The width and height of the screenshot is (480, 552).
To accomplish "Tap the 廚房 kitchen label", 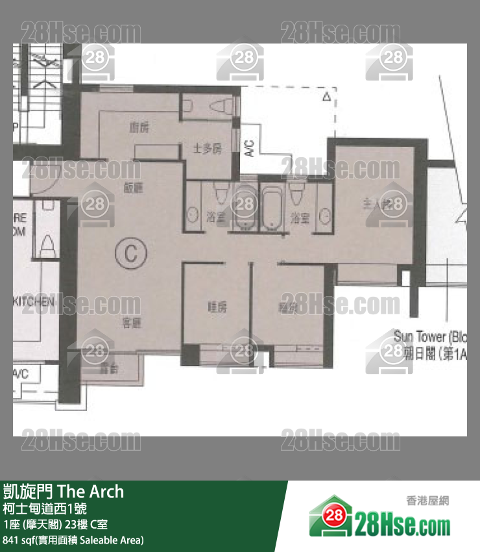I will click(x=139, y=128).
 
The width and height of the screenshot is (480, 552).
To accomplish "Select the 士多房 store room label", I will click(x=208, y=149).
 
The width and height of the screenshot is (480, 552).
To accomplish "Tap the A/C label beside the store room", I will click(x=250, y=149).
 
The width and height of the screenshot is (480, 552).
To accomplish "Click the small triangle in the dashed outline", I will click(x=326, y=97).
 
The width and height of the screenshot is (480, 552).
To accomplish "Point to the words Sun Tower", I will click(x=420, y=337).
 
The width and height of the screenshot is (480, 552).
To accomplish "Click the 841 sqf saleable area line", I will click(x=73, y=540).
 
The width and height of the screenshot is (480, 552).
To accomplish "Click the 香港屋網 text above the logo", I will click(x=427, y=501).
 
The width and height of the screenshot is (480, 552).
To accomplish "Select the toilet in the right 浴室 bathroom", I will click(x=298, y=192).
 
